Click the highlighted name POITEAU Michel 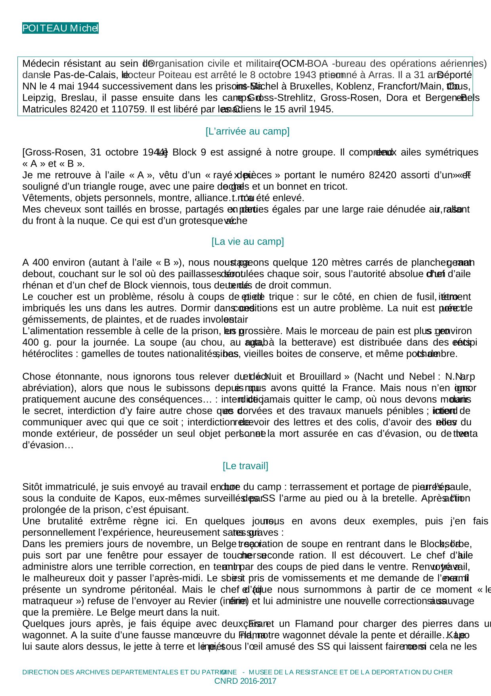pyautogui.click(x=60, y=28)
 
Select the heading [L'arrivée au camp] pyautogui.click(x=247, y=131)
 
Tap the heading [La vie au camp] pyautogui.click(x=247, y=242)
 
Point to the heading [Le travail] pyautogui.click(x=245, y=466)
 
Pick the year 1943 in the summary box pyautogui.click(x=306, y=75)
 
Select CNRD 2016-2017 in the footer pyautogui.click(x=245, y=681)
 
